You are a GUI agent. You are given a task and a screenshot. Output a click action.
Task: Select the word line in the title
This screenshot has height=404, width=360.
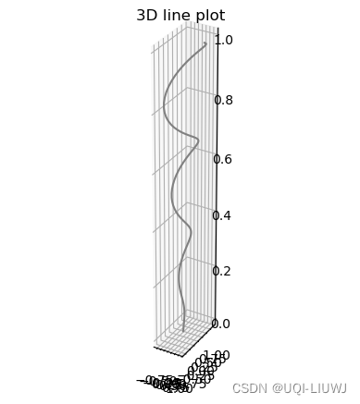point(177,16)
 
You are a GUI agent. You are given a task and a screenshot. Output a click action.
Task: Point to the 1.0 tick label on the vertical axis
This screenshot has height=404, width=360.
point(223,40)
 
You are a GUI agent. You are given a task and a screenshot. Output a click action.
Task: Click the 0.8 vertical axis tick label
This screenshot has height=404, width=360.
point(223,100)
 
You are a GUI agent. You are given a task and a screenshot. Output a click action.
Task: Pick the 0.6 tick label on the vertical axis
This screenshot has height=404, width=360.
point(223,159)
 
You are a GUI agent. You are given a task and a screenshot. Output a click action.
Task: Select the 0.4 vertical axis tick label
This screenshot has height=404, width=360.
point(223,215)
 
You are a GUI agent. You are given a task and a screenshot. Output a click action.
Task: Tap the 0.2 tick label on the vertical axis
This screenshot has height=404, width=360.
point(223,271)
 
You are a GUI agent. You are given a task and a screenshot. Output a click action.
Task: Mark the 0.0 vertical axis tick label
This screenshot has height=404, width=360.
point(223,324)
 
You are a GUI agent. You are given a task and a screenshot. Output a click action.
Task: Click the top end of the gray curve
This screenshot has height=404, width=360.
point(205,43)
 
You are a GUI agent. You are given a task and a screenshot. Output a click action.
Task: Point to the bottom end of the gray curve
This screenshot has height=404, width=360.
point(183,330)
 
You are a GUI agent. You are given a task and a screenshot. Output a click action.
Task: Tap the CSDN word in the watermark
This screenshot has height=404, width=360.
point(248,388)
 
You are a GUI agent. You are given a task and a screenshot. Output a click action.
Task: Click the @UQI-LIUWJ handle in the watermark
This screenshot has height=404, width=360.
point(309,388)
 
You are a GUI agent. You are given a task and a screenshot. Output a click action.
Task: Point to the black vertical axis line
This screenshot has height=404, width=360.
point(217,185)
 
